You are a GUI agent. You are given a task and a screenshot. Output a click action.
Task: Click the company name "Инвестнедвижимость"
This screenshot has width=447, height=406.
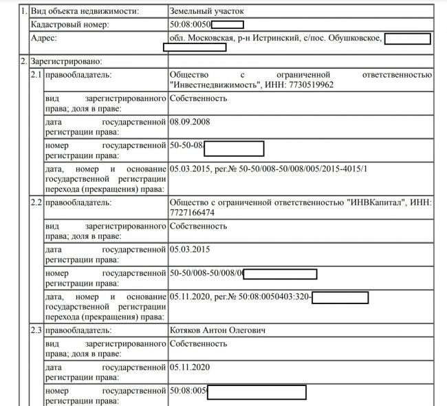click(x=219, y=85)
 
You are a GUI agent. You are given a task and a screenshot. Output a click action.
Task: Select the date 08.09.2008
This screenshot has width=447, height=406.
click(x=189, y=122)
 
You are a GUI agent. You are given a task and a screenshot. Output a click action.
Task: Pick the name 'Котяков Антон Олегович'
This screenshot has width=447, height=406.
click(x=219, y=331)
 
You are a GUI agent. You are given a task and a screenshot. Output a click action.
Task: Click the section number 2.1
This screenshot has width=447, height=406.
click(x=35, y=74)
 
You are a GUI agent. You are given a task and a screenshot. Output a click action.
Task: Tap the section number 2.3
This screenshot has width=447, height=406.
click(x=35, y=331)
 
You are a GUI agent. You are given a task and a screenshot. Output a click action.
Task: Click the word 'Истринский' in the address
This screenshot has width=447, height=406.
click(x=275, y=38)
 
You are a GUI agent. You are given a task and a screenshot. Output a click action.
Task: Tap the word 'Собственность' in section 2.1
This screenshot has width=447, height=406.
click(x=198, y=98)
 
